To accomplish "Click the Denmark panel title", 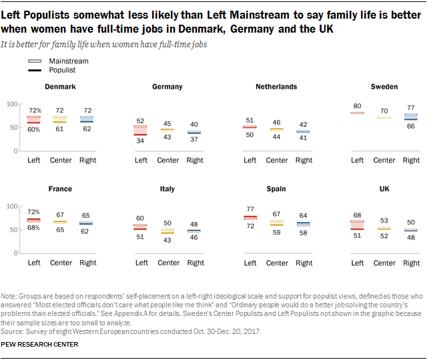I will pos(60,87).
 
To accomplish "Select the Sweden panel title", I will pos(384,87).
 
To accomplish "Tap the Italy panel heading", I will pos(167,189).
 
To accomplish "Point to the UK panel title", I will pos(384,189).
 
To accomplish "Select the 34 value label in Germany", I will pos(141,141).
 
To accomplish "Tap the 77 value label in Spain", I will pos(250,209).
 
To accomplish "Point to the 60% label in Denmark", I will pos(35,129).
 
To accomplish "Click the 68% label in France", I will pos(35,227).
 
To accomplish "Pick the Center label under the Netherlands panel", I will pos(277,160).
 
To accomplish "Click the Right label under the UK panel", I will pos(411,263).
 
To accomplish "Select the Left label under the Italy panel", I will pos(141,263).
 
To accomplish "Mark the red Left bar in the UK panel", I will pos(358,225).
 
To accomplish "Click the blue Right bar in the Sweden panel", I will pos(411,117).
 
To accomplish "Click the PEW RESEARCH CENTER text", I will pos(39,344).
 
